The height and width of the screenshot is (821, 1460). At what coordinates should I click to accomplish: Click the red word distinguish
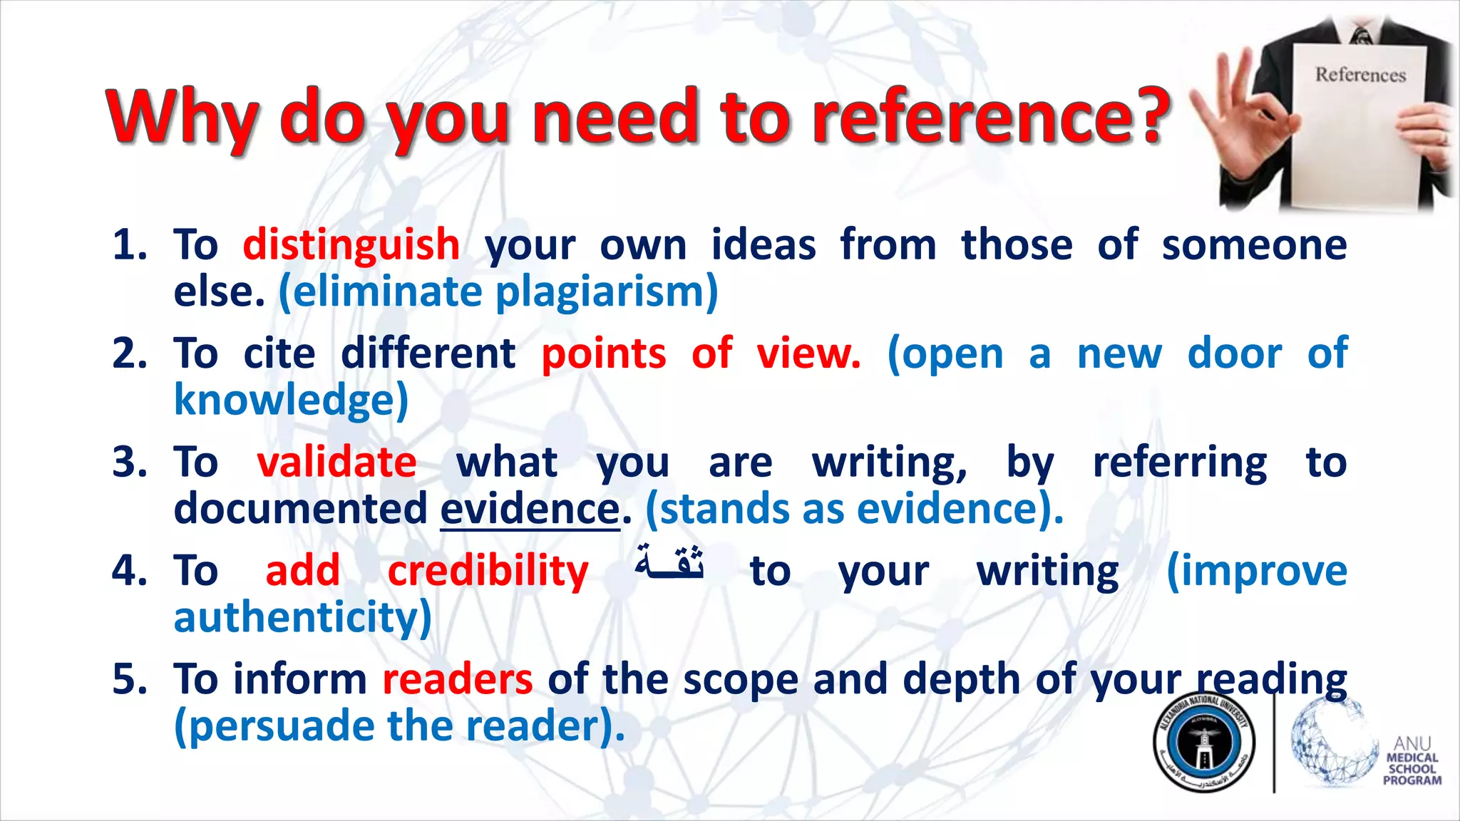coord(351,246)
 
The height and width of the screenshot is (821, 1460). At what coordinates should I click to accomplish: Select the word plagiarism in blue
coord(606,293)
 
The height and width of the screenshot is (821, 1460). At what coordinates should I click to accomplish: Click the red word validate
coord(336,463)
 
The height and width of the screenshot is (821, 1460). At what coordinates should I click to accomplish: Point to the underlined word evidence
coord(530,510)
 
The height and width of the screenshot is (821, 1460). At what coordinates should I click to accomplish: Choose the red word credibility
coord(488,572)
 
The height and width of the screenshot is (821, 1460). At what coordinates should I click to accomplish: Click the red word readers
coord(457,679)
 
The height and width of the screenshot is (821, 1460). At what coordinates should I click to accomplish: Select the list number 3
coord(129,463)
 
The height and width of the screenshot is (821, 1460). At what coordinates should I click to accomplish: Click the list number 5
coord(129,679)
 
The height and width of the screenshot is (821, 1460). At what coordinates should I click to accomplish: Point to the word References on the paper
coord(1359,75)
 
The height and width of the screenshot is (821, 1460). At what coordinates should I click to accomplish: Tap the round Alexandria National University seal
coord(1204,742)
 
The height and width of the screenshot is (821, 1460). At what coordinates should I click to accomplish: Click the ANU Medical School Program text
coord(1412,763)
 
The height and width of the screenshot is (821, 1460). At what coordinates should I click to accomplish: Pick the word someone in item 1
coord(1254,246)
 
